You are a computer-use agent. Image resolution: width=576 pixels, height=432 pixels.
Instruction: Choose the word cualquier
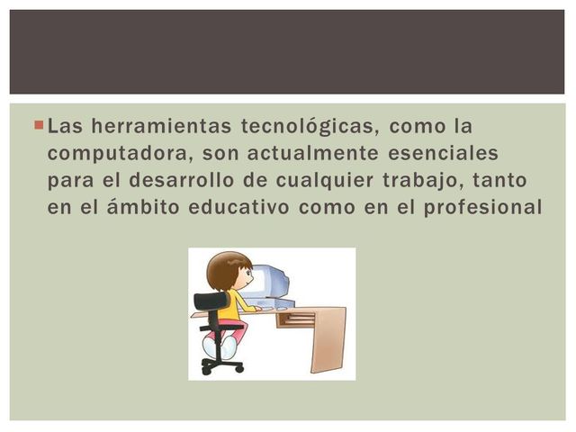(x=337, y=180)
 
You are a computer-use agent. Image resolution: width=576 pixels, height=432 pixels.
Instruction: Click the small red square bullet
(x=38, y=121)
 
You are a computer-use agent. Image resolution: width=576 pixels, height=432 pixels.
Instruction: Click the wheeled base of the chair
(x=221, y=365)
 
